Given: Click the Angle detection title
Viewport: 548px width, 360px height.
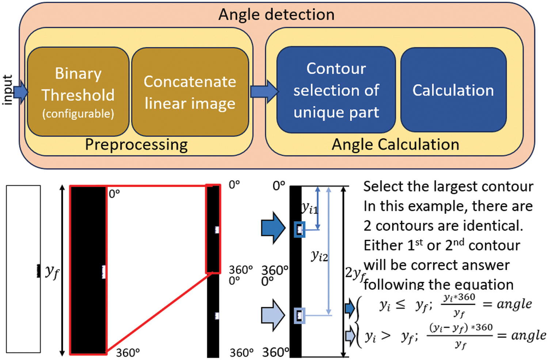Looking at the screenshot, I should click(x=276, y=15).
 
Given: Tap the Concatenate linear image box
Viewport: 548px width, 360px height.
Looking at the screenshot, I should click(x=190, y=92).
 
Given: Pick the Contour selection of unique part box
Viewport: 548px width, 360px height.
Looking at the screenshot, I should click(x=336, y=90).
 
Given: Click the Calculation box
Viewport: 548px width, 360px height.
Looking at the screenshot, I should click(x=453, y=90).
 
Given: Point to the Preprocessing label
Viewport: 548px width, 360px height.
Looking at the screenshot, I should click(x=136, y=145).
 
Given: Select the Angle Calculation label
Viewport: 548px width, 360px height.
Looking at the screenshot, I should click(x=395, y=145).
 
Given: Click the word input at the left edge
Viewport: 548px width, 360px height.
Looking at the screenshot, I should click(x=7, y=90).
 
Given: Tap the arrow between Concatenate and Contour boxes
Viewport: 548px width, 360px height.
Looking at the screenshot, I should click(x=264, y=91).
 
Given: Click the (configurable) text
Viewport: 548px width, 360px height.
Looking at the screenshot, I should click(x=78, y=114).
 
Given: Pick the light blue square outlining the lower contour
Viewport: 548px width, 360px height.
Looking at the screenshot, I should click(x=300, y=315).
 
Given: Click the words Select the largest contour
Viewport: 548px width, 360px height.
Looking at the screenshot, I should click(x=448, y=187).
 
